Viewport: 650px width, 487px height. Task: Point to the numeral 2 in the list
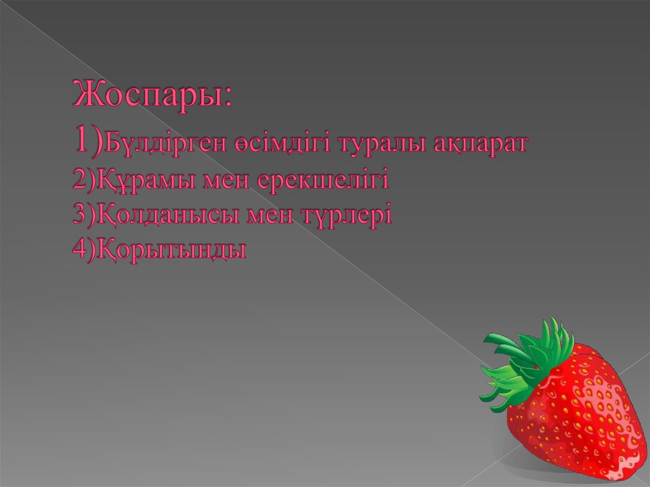pos(79,181)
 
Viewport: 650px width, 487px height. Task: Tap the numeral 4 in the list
pos(79,250)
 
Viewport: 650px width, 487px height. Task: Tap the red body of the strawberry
pos(574,413)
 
